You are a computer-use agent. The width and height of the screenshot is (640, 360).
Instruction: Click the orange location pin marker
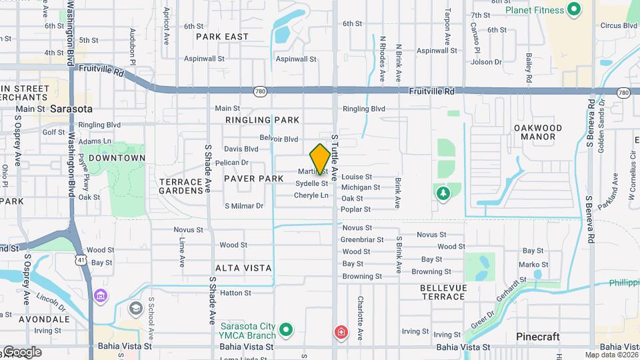320,159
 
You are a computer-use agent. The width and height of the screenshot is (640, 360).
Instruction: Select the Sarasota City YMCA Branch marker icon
286,329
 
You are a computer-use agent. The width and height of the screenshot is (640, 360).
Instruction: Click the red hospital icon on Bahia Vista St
341,331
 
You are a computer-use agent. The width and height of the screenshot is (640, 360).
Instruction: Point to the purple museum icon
101,294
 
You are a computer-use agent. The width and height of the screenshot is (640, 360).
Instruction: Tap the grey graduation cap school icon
136,308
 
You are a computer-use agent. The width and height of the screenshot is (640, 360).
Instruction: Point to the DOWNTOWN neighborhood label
117,158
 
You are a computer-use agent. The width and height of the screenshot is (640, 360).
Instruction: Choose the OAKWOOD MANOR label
539,132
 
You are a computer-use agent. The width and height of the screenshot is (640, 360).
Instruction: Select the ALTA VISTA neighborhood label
243,268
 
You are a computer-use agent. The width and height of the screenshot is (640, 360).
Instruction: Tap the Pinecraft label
538,337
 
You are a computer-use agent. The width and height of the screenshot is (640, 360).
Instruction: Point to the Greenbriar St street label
362,239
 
